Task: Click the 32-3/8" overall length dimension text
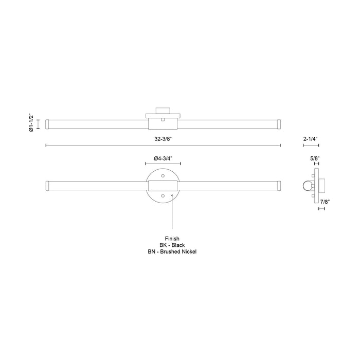point(163,139)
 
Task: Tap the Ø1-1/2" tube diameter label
point(31,124)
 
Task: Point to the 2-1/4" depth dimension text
point(311,139)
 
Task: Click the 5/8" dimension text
point(315,159)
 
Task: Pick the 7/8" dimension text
point(325,202)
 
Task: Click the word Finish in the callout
point(172,239)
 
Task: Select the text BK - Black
point(172,245)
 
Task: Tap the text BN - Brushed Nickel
point(172,252)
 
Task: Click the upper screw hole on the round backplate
point(163,175)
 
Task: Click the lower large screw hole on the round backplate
point(163,196)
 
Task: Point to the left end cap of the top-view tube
point(47,124)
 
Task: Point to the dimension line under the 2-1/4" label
point(311,146)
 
